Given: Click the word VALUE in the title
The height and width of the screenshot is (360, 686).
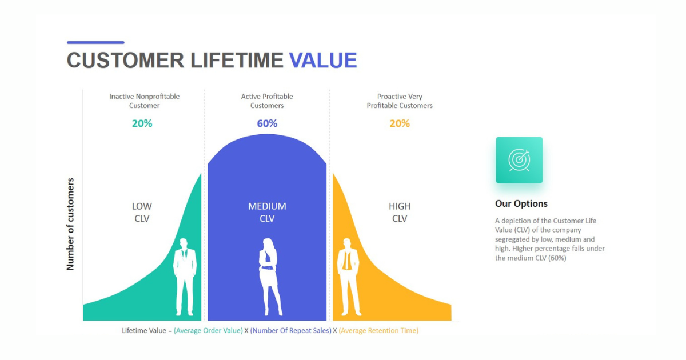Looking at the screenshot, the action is pos(323,61).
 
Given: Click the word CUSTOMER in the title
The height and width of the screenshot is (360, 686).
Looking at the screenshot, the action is pos(126,61).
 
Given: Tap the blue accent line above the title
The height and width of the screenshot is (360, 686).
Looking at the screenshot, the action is pos(95,42).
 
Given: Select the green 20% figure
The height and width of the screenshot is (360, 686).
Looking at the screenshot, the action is pos(142,123).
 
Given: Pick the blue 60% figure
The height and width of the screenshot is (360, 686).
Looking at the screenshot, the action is pos(267,123).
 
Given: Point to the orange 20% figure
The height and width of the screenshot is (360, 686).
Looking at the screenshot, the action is pos(400,123).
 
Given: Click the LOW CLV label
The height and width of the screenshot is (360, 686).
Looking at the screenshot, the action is pos(142,212).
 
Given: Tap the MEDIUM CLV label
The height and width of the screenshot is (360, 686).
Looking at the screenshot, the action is pos(267,212).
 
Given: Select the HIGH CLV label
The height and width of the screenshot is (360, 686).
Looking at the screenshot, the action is pos(400,212).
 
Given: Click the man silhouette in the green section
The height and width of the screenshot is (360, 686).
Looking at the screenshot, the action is pos(185,277).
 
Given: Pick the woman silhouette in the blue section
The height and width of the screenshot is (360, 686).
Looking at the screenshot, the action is pos(269,277).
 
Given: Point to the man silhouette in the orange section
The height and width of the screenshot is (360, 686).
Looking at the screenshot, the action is pos(348,277).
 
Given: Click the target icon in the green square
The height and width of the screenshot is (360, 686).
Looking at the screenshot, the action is pos(519,160).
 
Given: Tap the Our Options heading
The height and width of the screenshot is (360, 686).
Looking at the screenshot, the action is pos(521,203).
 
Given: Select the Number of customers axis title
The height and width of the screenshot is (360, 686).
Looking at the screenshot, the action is pos(70,224).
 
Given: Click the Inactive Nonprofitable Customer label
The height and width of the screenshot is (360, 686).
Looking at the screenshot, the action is pos(145,101).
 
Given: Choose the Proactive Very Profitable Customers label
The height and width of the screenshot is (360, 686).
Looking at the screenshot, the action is pos(400,101).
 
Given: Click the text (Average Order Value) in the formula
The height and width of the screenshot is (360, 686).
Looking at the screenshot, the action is pos(208,331).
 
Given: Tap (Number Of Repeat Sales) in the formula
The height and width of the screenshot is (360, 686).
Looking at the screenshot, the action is pos(290,331).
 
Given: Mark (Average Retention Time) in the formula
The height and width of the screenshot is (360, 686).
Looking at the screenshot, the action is pos(378,331).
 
